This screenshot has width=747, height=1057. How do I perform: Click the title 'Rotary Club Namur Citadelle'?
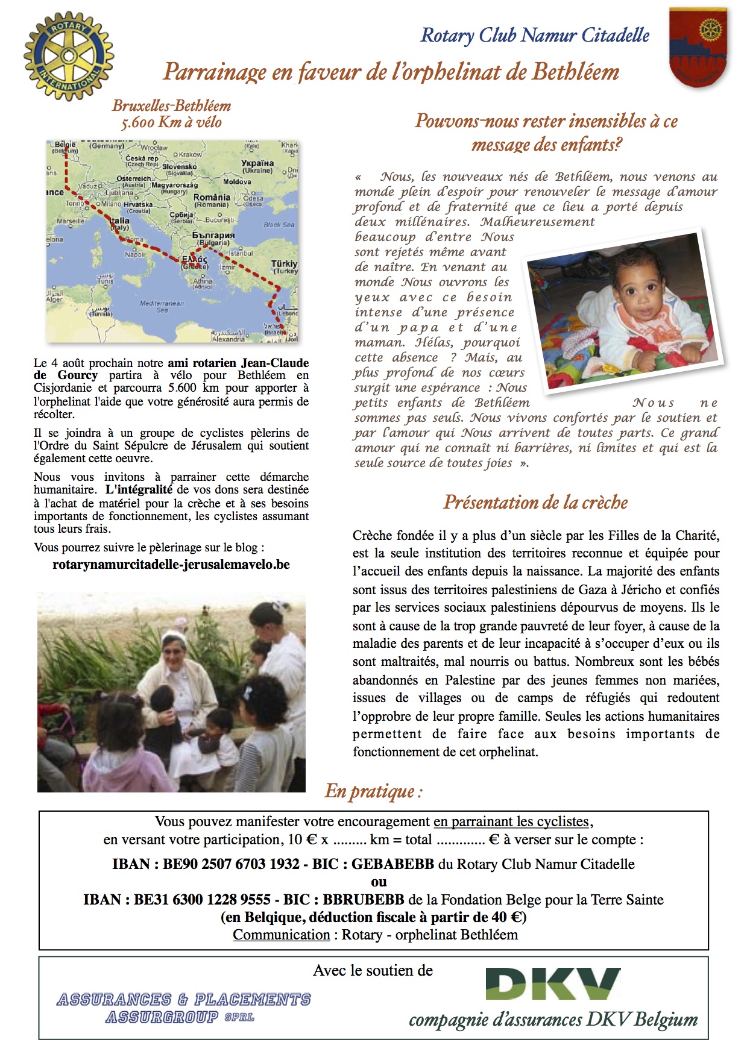tap(535, 36)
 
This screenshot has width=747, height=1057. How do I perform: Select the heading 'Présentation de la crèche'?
tap(535, 502)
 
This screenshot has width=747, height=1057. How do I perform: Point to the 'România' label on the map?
tap(211, 198)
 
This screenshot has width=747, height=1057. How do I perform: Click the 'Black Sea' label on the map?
tap(279, 225)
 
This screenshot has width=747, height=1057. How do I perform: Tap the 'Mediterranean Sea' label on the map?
tap(162, 306)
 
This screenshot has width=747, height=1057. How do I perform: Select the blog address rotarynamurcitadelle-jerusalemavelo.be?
tap(171, 565)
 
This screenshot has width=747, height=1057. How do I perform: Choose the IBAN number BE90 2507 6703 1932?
tap(231, 864)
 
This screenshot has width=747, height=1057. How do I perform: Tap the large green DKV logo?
tap(553, 983)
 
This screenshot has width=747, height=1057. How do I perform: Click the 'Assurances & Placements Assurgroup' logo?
tap(183, 1008)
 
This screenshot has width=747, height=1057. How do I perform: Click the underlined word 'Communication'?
tap(282, 935)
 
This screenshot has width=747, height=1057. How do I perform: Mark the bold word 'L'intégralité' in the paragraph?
tap(139, 490)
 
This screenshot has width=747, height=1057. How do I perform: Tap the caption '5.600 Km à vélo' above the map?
tap(171, 123)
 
